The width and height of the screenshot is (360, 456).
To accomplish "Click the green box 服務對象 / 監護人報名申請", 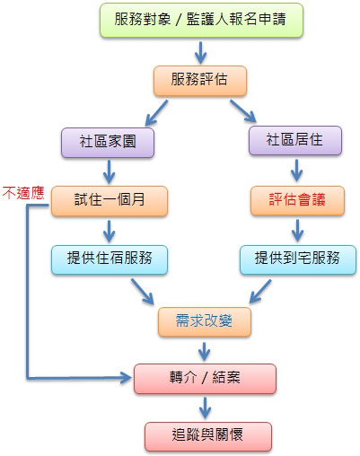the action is click(201, 20).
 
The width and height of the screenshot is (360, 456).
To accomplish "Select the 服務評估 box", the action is click(200, 81).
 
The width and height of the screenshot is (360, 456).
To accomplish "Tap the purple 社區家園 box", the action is click(108, 143).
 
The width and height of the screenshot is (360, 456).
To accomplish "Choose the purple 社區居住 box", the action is click(295, 141).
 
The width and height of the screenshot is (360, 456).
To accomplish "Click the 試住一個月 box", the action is click(110, 201).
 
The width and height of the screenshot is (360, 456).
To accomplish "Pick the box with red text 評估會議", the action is click(297, 200).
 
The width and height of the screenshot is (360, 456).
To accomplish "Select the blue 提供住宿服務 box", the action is click(110, 259).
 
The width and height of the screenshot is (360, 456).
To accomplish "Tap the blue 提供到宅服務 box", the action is click(298, 259).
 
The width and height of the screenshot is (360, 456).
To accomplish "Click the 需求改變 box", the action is click(205, 321).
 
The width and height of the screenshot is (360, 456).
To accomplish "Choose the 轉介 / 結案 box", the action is click(205, 379).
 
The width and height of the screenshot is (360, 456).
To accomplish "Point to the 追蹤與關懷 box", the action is click(208, 436).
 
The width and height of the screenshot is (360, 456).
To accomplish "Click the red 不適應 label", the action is click(23, 193).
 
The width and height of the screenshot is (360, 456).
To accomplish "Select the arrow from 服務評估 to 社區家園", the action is click(156, 113).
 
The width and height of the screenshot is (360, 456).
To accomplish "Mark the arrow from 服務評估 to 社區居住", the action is click(243, 111).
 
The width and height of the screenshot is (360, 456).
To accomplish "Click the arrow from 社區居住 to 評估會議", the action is click(296, 171).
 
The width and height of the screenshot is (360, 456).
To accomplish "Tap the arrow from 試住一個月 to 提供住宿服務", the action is click(109, 232).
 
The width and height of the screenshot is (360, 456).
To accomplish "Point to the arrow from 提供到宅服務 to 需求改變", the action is click(260, 291).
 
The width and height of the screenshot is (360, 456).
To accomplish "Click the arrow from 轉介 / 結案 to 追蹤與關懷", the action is click(205, 408).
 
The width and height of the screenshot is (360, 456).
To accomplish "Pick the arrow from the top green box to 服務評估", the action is click(200, 53).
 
